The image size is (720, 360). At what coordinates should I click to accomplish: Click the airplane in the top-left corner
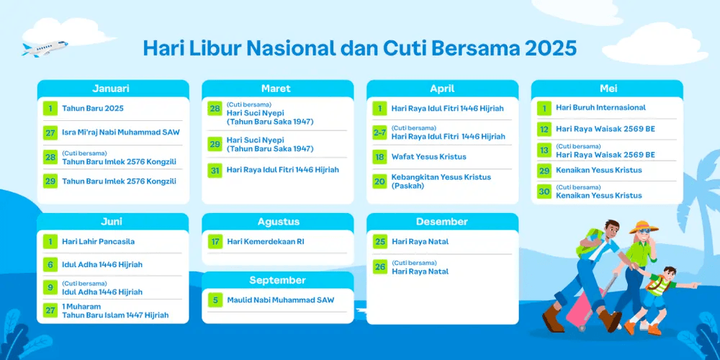(45, 48)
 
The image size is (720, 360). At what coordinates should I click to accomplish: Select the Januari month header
(111, 89)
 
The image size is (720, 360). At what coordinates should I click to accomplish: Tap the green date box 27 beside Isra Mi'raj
(50, 132)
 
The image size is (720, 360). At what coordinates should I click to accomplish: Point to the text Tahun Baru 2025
(93, 109)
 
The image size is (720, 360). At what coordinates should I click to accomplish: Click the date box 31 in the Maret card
(215, 170)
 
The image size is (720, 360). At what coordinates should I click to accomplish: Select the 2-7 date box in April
(379, 132)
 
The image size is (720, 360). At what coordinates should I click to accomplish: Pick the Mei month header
(608, 89)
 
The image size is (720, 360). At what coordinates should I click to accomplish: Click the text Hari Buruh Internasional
(600, 107)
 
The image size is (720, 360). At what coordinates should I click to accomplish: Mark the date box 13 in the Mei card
(544, 150)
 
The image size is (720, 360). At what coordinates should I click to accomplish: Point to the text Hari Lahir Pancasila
(98, 241)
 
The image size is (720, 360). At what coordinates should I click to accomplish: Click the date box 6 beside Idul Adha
(50, 264)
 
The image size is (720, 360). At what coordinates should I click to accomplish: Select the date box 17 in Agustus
(215, 241)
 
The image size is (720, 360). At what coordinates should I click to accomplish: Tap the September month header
(277, 281)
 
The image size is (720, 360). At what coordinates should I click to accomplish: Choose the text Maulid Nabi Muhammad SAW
(281, 300)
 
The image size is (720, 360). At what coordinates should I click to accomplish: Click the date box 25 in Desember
(379, 241)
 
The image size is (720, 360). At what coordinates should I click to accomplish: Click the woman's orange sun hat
(644, 226)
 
